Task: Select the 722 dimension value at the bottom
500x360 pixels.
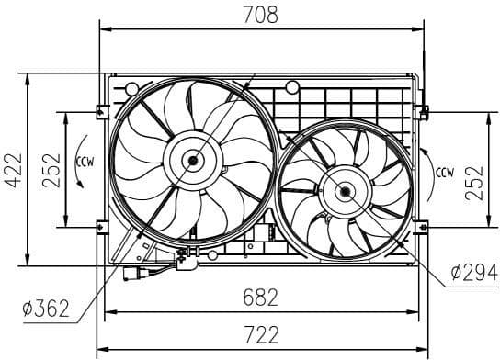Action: point(264,335)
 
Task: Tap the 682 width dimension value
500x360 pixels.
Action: point(264,298)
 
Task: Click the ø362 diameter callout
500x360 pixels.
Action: point(44,309)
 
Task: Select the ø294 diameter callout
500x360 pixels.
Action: point(474,272)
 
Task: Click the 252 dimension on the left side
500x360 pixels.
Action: point(52,169)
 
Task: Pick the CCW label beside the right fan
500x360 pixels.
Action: point(445,171)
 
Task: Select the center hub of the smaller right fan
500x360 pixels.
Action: point(344,192)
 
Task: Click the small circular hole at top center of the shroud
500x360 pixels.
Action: point(291,88)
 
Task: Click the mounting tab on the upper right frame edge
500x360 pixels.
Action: point(424,112)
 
